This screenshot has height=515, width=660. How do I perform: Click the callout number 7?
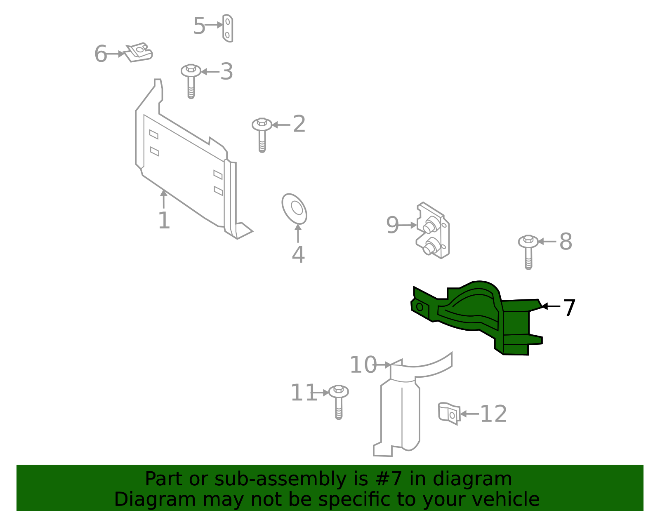569,308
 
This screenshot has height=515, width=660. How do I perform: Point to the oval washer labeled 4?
294,209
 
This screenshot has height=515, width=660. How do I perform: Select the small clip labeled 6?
139,52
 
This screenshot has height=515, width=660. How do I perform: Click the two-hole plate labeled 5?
228,28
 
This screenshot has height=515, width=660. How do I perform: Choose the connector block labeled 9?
433,231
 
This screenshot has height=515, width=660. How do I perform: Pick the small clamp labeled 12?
449,414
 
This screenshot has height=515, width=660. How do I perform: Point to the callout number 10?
363,365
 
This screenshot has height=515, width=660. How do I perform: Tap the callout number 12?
494,414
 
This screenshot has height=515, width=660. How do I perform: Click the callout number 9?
392,225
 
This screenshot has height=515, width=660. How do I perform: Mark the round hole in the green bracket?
420,307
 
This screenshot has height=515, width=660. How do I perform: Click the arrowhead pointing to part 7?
544,306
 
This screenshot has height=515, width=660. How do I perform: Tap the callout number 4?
298,254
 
